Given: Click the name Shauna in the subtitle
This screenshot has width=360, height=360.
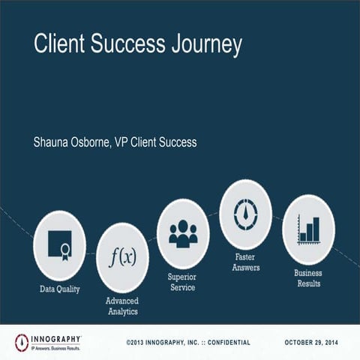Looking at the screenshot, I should pos(53,142).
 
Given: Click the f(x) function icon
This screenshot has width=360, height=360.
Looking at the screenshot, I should pos(122,257).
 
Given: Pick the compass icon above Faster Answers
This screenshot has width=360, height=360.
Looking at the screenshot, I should pos(244,214).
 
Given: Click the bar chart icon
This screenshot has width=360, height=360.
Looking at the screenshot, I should pos(308,229).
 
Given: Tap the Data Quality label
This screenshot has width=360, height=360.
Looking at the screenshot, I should pos(59,289).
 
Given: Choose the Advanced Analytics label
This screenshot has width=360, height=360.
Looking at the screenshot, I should pos(121,305).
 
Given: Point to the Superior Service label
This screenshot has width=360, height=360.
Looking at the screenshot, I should pos(182,281).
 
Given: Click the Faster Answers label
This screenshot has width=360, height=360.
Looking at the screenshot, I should pos(244,262).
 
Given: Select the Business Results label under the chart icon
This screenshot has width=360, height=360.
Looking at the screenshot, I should pos(308,278).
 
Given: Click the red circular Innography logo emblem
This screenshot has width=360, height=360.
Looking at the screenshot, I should pos(22,342).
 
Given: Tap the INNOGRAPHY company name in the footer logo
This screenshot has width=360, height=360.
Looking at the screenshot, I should pos(55,339).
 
